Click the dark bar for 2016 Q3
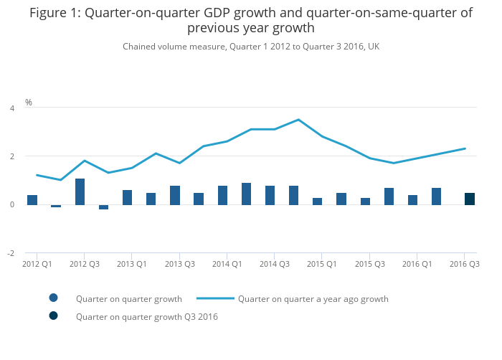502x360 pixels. pos(470,199)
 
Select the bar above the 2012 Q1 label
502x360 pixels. pos(32,200)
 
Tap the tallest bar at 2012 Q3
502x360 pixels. pos(80,191)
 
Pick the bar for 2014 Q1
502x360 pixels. pos(223,195)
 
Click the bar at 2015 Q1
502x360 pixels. pos(318,202)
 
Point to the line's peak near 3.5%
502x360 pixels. pos(298,120)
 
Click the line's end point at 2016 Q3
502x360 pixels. pos(465,148)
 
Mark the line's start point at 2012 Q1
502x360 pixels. pos(37,175)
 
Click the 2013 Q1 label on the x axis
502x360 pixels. pos(132,264)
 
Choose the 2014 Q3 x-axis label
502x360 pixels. pos(275,264)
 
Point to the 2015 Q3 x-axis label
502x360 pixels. pos(369,264)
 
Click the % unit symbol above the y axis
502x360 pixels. pos(29,103)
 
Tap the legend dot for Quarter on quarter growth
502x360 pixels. pos(53,298)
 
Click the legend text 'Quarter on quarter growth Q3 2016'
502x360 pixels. pos(146,316)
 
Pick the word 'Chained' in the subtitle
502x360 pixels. pos(140,47)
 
